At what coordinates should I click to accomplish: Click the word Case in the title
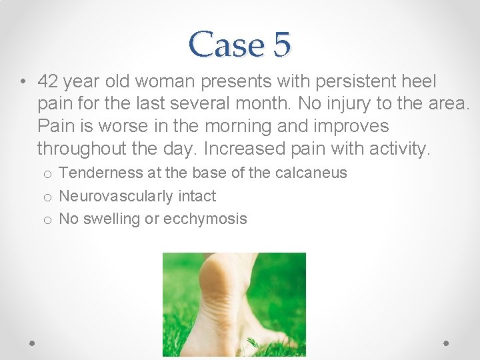pos(225,45)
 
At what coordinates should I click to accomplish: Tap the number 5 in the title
pos(281,45)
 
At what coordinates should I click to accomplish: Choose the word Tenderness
pos(101,173)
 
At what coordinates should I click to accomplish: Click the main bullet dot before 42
pos(23,83)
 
